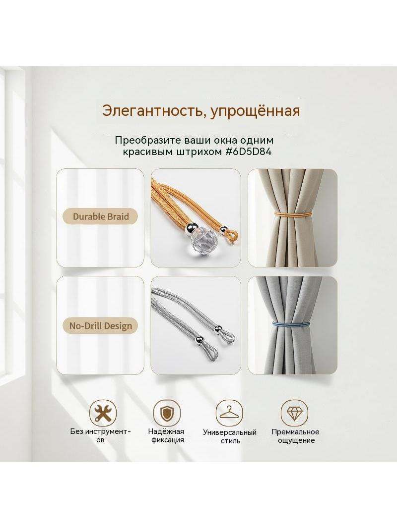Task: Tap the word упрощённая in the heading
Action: (255, 111)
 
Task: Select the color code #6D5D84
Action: (248, 152)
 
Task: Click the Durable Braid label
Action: (101, 216)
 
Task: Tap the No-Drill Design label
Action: (101, 325)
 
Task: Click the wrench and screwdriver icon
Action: (103, 413)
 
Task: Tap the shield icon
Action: (167, 413)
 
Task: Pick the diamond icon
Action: (294, 413)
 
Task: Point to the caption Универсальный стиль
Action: (230, 436)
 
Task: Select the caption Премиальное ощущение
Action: (295, 436)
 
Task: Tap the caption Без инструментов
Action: (101, 435)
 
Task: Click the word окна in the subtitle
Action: (223, 140)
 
